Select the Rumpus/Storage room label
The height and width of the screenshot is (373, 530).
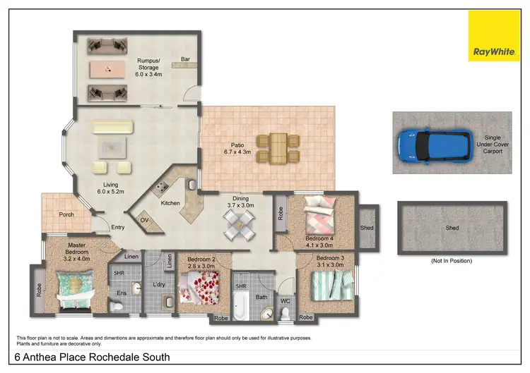click(x=149, y=67)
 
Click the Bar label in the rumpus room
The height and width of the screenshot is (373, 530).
click(x=185, y=59)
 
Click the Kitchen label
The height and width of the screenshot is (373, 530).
click(x=170, y=203)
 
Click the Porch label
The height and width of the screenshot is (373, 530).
click(x=67, y=214)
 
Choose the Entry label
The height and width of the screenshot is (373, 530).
click(x=118, y=226)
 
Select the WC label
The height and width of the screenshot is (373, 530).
click(x=285, y=302)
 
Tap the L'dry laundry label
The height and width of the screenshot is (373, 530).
click(x=158, y=285)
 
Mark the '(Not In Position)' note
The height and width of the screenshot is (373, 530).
click(x=451, y=260)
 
